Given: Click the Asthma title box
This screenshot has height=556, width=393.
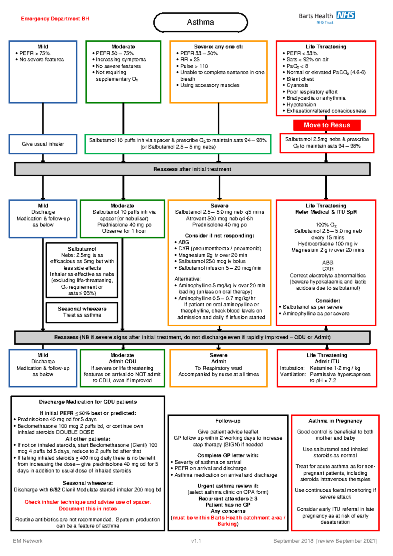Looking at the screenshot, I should tap(200, 22).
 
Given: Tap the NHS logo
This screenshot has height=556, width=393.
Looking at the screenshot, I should tap(346, 15).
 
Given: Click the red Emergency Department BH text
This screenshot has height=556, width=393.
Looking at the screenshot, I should tap(55, 19).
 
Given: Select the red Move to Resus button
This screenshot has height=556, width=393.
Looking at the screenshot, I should tap(327, 125).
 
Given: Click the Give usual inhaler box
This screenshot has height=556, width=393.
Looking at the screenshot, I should tap(43, 144).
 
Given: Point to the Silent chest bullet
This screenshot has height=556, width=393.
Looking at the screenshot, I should tap(300, 79).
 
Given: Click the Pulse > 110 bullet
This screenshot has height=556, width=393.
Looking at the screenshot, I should tap(194, 66).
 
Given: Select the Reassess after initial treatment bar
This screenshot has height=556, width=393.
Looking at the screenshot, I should tap(192, 169).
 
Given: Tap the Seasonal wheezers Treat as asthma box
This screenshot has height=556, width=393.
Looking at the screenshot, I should tap(82, 312).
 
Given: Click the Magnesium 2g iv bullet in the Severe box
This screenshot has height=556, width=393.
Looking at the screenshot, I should tap(213, 255).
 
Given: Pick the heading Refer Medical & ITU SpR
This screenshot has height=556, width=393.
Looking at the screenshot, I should tap(326, 212).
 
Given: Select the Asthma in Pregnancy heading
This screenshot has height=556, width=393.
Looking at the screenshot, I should tap(335, 421).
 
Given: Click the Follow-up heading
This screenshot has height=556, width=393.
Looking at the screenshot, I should tap(228, 421).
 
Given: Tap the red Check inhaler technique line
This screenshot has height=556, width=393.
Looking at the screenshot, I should tap(87, 502).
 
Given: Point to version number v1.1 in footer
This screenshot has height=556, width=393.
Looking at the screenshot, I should tap(196, 541).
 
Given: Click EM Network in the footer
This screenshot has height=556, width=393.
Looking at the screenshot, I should tap(28, 541).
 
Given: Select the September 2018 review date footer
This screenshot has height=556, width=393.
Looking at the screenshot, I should tap(325, 541).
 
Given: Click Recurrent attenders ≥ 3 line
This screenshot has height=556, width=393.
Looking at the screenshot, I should tap(228, 498).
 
